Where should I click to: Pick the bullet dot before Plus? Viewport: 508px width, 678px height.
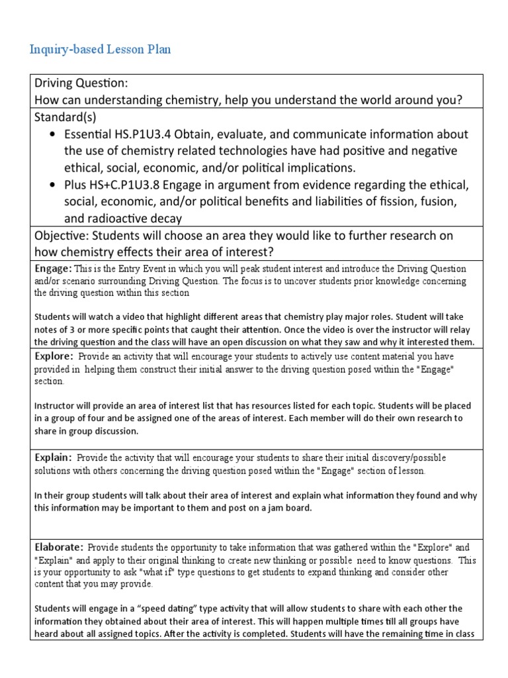coord(53,184)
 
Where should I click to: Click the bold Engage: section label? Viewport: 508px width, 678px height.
coord(52,269)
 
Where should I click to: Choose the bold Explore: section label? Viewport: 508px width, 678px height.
coord(53,356)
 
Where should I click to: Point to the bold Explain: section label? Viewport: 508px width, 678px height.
coord(52,458)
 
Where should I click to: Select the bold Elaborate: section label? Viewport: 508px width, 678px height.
coord(58,547)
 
